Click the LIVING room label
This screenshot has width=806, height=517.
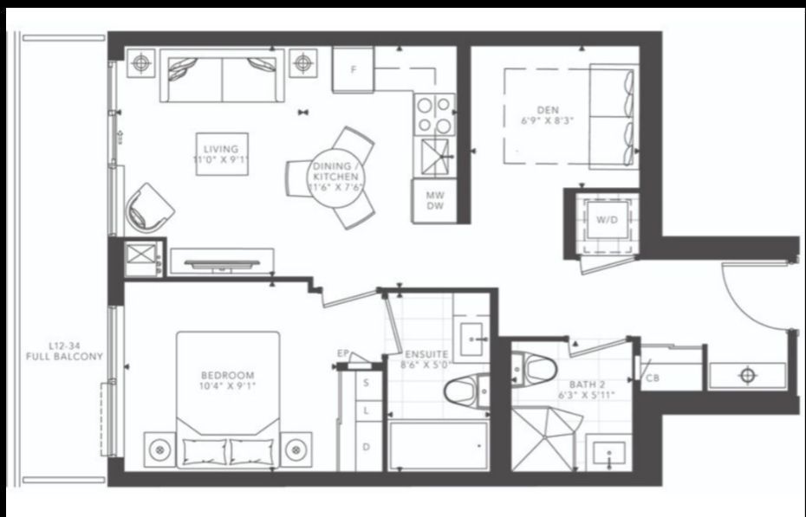(x=221, y=150)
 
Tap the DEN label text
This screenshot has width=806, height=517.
(x=548, y=110)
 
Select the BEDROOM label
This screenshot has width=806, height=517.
(x=227, y=375)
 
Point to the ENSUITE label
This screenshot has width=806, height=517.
(x=426, y=354)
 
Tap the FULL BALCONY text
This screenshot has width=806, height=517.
(x=64, y=356)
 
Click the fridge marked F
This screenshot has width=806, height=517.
(x=353, y=69)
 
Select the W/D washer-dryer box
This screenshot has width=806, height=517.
(x=607, y=220)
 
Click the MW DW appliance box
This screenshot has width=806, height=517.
(x=434, y=201)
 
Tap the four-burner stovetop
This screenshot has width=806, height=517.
(x=435, y=115)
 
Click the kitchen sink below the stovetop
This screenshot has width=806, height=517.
(x=435, y=157)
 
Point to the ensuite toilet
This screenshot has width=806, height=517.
(x=466, y=391)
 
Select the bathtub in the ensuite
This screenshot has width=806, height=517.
(x=439, y=445)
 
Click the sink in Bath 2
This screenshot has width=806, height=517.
(x=609, y=452)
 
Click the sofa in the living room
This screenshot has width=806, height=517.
(x=222, y=75)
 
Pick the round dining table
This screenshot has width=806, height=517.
(x=335, y=178)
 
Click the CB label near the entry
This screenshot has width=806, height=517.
(x=653, y=378)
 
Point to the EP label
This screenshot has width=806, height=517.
(x=343, y=353)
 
